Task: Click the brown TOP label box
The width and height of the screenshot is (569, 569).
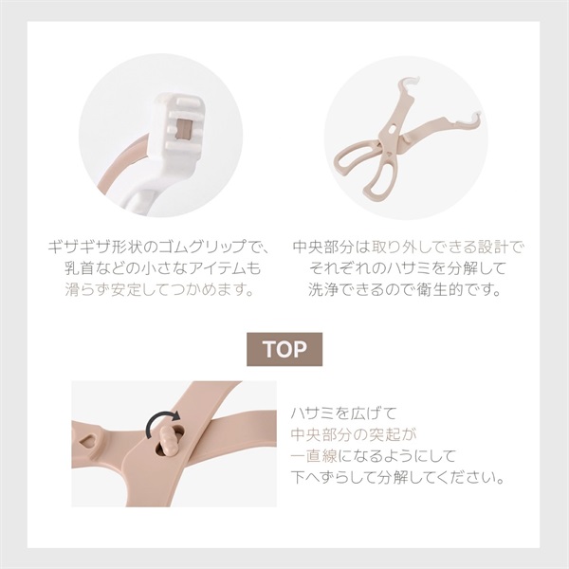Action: point(284,349)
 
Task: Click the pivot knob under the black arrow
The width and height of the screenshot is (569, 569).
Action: point(168,440)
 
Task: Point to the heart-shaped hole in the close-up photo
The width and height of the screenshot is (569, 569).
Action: point(87,441)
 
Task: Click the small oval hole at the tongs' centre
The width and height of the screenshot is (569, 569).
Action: point(393,129)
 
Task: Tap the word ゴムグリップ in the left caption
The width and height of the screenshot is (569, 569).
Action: point(204,248)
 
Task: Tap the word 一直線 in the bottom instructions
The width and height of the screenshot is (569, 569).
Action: point(314,456)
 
